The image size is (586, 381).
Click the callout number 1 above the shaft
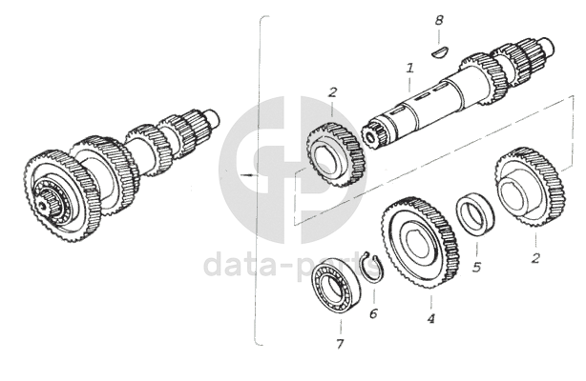(409, 69)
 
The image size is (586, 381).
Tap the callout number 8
(439, 20)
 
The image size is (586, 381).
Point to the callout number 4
(430, 319)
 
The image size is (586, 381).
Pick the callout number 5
(476, 267)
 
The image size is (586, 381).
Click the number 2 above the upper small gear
(332, 92)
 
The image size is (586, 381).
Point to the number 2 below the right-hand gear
(534, 257)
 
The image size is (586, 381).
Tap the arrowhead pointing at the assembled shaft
(249, 175)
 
